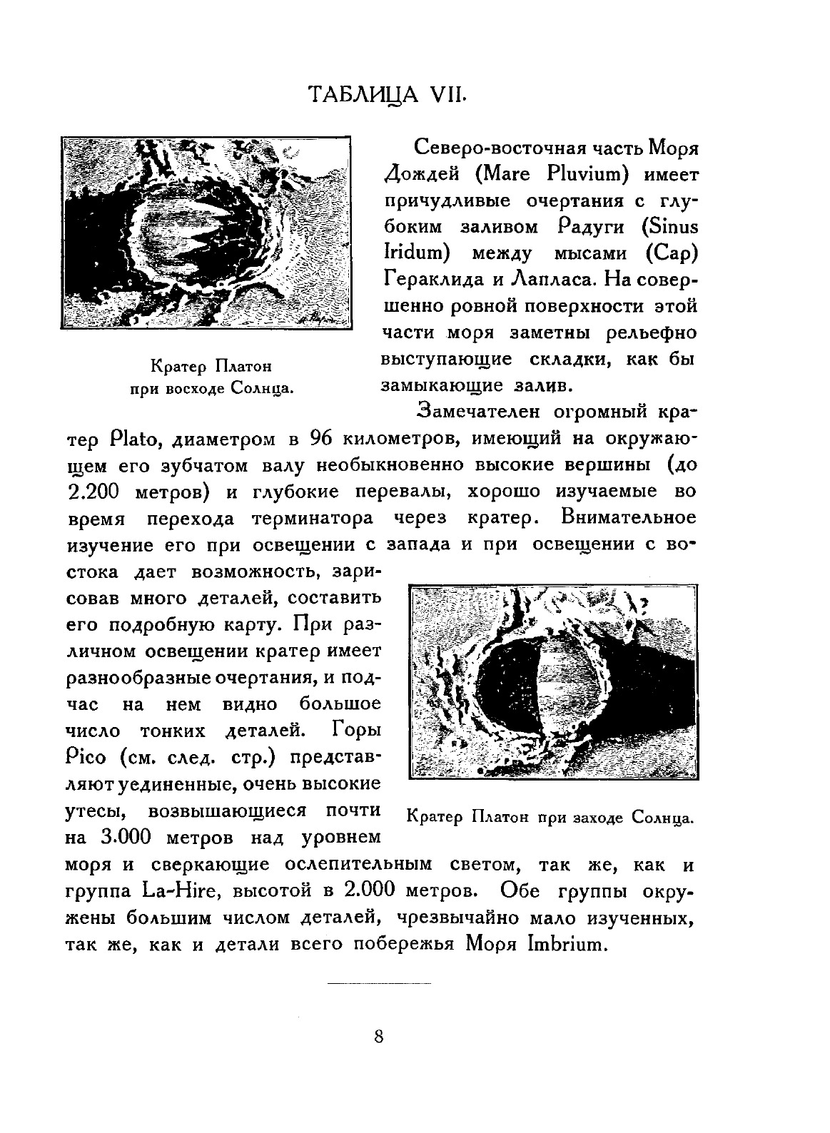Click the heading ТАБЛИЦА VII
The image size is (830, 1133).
click(386, 96)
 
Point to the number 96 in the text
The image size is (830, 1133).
click(318, 438)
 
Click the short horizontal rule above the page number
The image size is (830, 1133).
click(379, 985)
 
